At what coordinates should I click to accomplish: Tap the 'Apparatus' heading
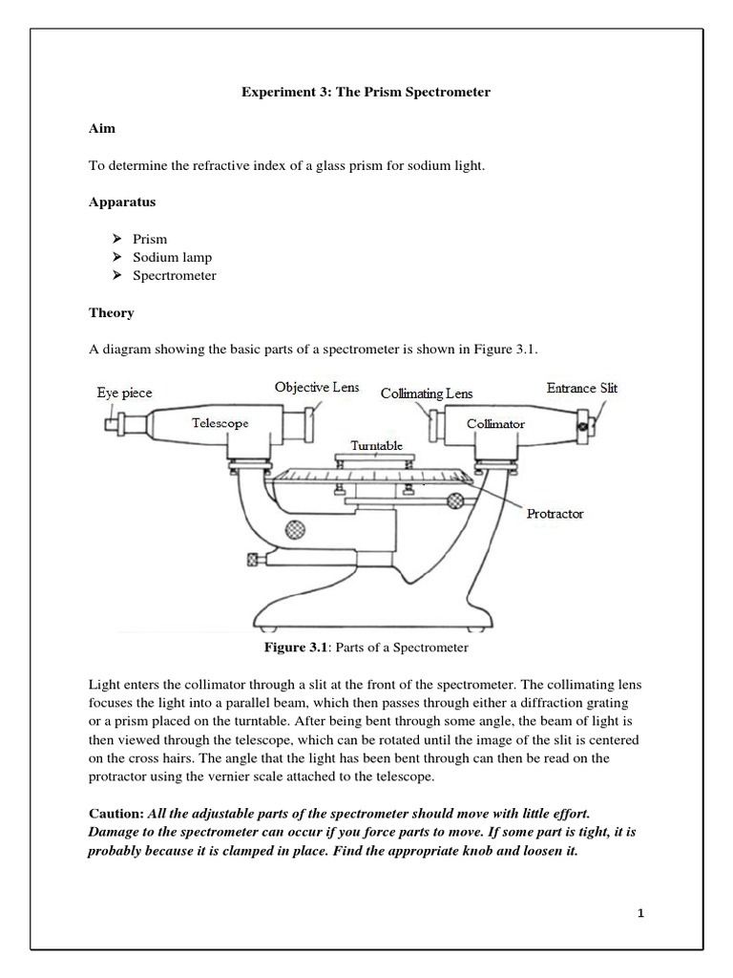(x=122, y=202)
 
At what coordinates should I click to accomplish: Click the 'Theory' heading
(x=112, y=312)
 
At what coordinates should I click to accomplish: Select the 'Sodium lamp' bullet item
(x=175, y=257)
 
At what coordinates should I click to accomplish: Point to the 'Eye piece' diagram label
(x=124, y=393)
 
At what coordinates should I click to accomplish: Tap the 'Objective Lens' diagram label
(x=317, y=387)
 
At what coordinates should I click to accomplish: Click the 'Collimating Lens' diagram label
(x=427, y=393)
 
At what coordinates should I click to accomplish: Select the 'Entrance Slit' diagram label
(x=581, y=388)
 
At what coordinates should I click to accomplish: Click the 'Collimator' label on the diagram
(x=495, y=422)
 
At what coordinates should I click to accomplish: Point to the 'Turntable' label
(x=377, y=445)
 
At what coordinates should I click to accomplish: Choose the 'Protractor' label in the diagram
(x=555, y=513)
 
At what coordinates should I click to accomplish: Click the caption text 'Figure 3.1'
(x=295, y=648)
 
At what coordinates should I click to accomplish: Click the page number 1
(x=642, y=914)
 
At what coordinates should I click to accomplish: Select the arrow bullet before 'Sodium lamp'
(x=116, y=257)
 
